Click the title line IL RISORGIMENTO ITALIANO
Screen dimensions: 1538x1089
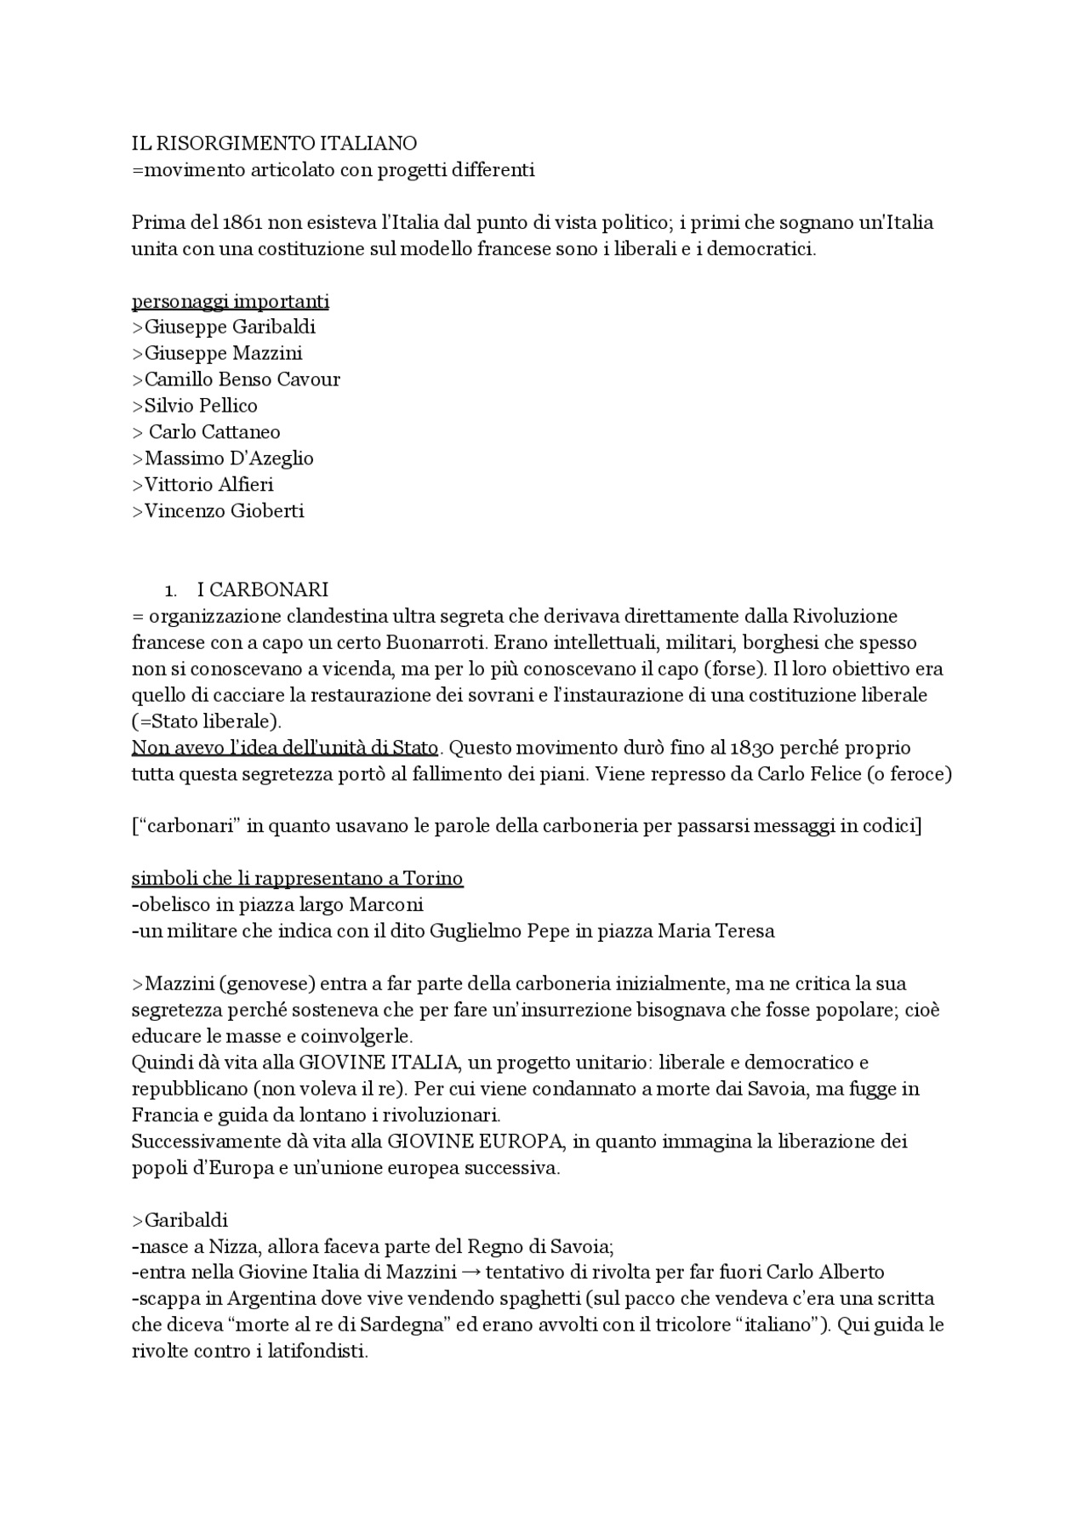[x=274, y=143]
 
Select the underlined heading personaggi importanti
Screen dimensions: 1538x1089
[x=231, y=301]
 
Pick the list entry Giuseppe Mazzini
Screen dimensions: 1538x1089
[x=223, y=353]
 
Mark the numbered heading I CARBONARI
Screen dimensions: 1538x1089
[x=262, y=590]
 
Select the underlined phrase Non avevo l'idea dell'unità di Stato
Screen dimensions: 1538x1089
[x=284, y=749]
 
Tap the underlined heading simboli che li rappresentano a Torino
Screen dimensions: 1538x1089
[x=297, y=878]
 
